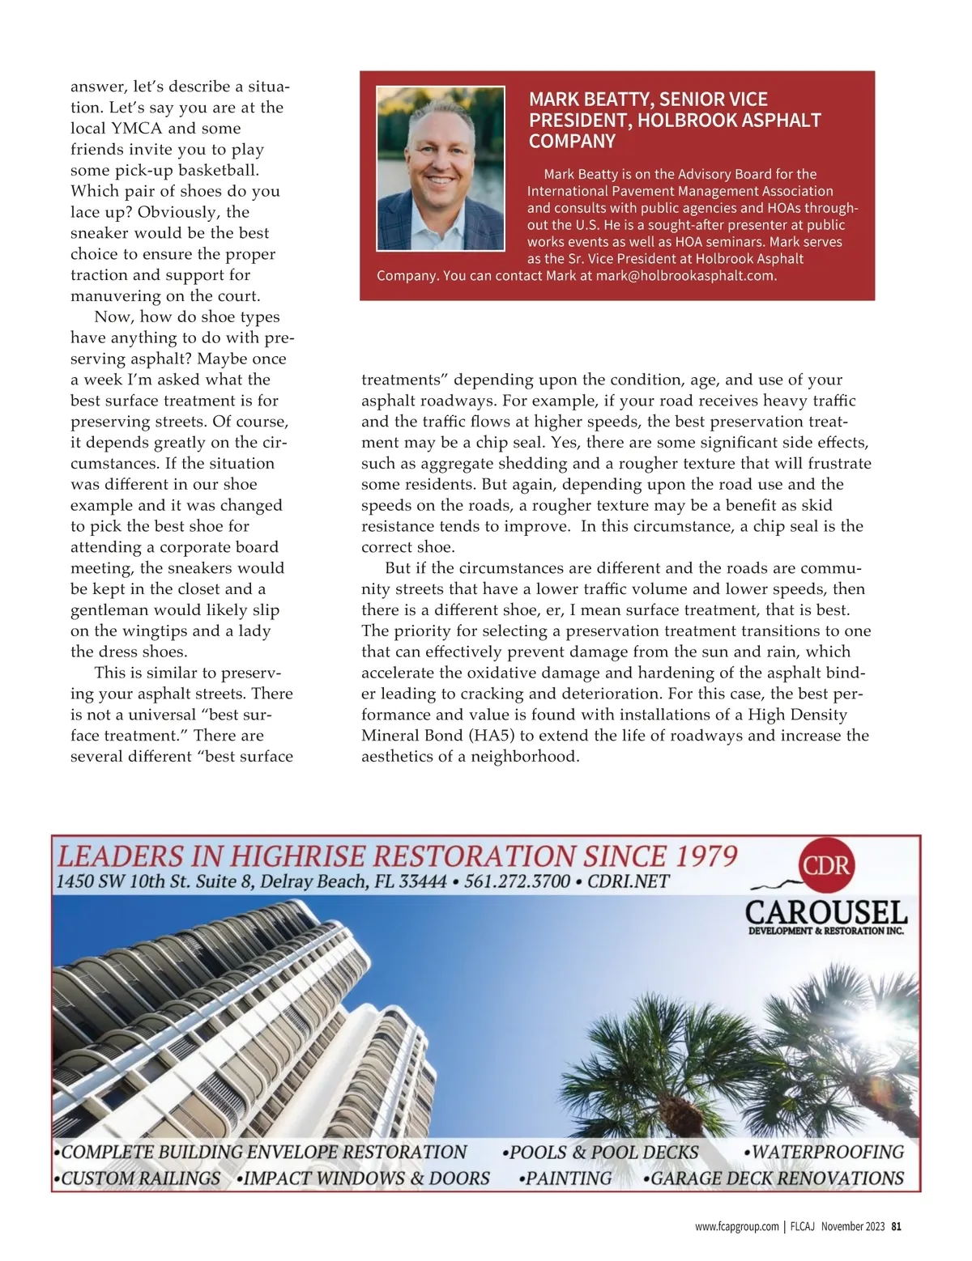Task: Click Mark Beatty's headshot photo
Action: tap(441, 168)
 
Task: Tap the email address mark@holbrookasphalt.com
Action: tap(686, 276)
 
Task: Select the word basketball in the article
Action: tap(219, 171)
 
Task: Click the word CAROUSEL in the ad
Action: tap(825, 913)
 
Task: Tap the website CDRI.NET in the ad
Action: tap(629, 881)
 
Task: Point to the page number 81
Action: tap(896, 1226)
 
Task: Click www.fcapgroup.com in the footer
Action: tap(736, 1226)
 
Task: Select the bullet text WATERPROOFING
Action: tap(828, 1152)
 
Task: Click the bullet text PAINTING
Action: tap(569, 1178)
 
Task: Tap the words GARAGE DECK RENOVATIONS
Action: tap(777, 1178)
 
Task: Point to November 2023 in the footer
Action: tap(852, 1226)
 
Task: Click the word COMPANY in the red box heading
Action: tap(572, 142)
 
